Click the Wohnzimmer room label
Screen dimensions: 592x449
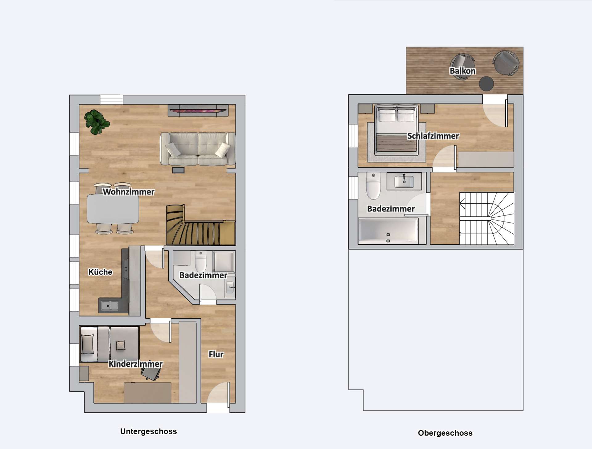pyautogui.click(x=129, y=192)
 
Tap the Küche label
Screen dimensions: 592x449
pyautogui.click(x=100, y=272)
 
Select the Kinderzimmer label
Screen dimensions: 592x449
pyautogui.click(x=136, y=364)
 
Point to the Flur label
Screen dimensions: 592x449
pyautogui.click(x=216, y=354)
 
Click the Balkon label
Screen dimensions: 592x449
pyautogui.click(x=462, y=71)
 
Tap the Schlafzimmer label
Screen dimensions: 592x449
pyautogui.click(x=433, y=136)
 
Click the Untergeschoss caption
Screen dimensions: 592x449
pyautogui.click(x=149, y=431)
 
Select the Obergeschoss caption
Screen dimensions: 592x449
pyautogui.click(x=445, y=433)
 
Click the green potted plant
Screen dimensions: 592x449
pyautogui.click(x=97, y=122)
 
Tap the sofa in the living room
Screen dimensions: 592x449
pyautogui.click(x=198, y=149)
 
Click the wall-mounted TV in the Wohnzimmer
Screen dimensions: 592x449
pyautogui.click(x=198, y=110)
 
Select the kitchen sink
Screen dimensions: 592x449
pyautogui.click(x=110, y=305)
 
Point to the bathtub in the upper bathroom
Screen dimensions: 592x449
pyautogui.click(x=388, y=231)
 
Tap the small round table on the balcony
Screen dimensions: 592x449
pyautogui.click(x=486, y=84)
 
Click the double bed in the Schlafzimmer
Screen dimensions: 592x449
pyautogui.click(x=397, y=130)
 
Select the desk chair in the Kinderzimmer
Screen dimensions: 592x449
pyautogui.click(x=150, y=374)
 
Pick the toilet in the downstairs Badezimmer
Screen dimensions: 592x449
pyautogui.click(x=201, y=261)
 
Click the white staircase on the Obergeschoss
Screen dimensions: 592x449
pyautogui.click(x=487, y=218)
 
